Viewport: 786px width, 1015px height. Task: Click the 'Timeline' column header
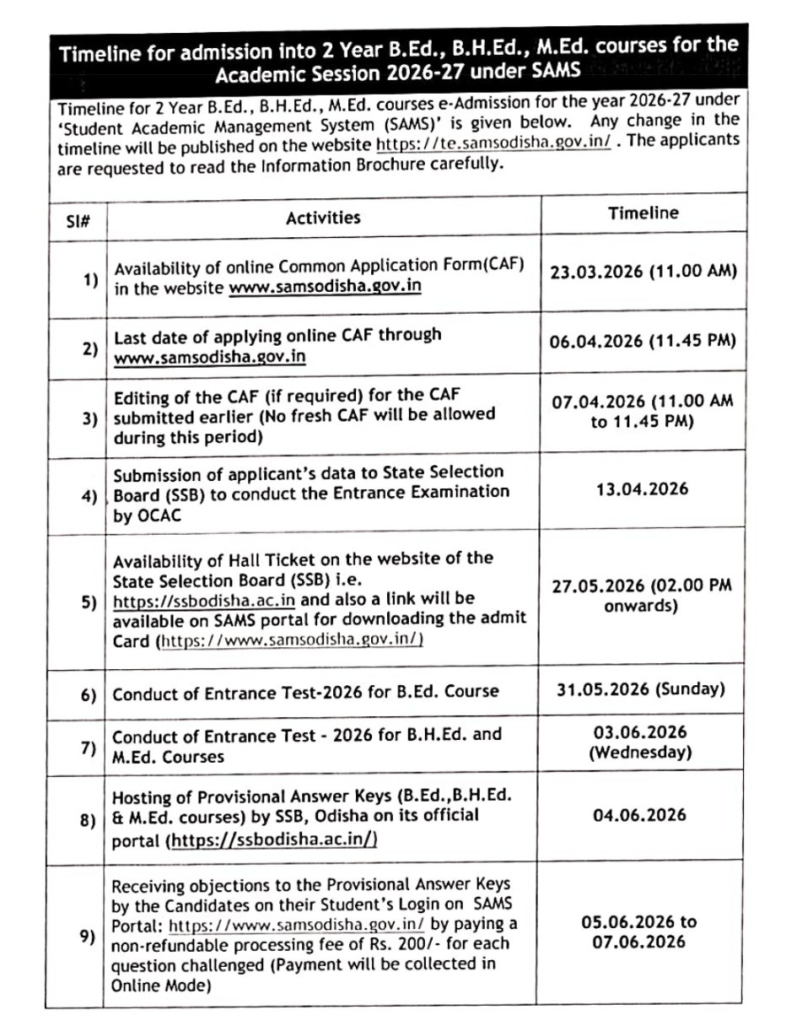point(643,213)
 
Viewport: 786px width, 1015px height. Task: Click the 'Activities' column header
point(323,218)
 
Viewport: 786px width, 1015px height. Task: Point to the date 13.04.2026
point(643,489)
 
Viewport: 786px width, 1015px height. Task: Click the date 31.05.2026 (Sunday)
point(641,688)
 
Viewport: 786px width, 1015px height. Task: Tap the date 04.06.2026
point(643,815)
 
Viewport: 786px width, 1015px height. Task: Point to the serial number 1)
point(90,279)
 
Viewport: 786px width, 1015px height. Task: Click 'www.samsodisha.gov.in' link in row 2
point(210,357)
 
